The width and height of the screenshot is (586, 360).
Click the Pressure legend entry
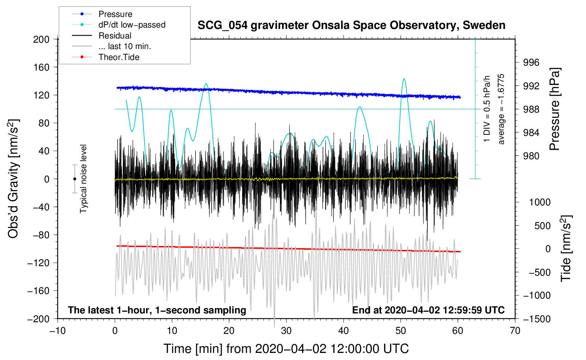point(102,14)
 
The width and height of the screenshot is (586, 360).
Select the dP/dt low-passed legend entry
point(119,25)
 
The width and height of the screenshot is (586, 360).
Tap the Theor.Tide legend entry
point(106,57)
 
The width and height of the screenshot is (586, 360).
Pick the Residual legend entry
point(102,36)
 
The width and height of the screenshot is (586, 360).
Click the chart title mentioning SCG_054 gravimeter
point(351,25)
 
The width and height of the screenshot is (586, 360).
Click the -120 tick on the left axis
point(38,263)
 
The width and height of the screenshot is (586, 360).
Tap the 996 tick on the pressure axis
point(531,62)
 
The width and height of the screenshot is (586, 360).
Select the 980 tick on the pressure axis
point(531,156)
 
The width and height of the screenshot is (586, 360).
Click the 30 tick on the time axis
point(286,331)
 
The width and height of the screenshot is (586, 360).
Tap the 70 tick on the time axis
point(515,331)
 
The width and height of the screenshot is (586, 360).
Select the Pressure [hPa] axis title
point(555,109)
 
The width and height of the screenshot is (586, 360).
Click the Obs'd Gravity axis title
point(14,179)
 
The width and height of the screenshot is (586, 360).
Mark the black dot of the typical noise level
point(74,179)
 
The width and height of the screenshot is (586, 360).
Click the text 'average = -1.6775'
point(501,109)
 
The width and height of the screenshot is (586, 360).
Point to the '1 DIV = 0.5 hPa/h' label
point(486,109)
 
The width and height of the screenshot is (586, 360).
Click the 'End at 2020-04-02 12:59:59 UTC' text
point(428,310)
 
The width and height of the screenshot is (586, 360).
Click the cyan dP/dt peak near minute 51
point(404,79)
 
